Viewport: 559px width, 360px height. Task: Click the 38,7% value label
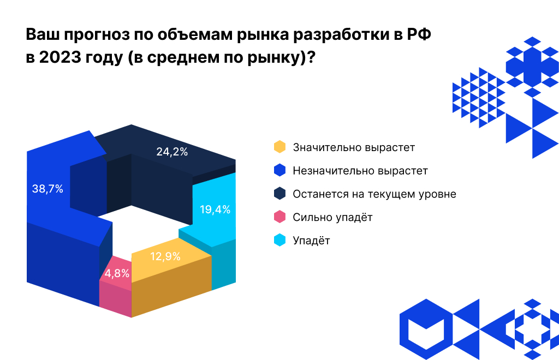click(x=47, y=189)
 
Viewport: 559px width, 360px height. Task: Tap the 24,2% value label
click(x=172, y=152)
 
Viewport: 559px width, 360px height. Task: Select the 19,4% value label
click(x=215, y=209)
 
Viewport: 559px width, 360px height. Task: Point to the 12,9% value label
click(x=165, y=256)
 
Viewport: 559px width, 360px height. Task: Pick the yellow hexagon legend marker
click(x=279, y=147)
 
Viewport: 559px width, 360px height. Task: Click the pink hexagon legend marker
click(x=279, y=217)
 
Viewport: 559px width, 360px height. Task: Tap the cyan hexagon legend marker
click(x=279, y=241)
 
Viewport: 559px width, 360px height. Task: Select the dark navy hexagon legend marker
click(x=279, y=194)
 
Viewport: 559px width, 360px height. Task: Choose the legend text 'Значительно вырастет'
click(x=354, y=147)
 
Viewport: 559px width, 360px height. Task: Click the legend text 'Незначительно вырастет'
click(x=360, y=170)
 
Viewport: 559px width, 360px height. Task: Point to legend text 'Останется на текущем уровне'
click(x=374, y=194)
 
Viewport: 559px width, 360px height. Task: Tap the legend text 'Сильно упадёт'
click(x=332, y=217)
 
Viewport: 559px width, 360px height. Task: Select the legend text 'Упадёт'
click(x=311, y=241)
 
